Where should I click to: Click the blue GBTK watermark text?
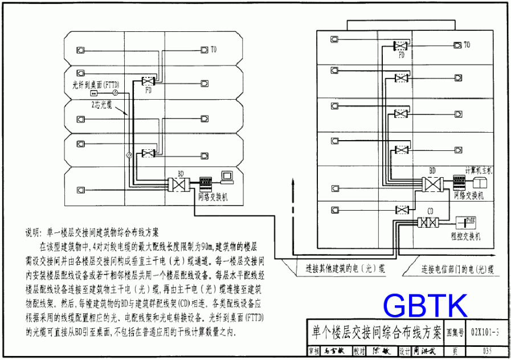point(425,306)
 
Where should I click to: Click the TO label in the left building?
point(213,50)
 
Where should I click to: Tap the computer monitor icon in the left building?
point(227,176)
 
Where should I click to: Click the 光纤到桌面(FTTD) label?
point(95,84)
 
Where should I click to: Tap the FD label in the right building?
point(401,55)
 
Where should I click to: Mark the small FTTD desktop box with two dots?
point(94,93)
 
